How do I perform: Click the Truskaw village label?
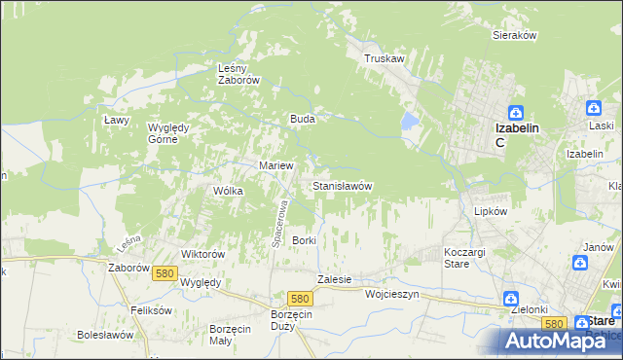click(x=384, y=58)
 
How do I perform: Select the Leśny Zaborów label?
click(x=238, y=74)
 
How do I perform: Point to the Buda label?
click(x=301, y=119)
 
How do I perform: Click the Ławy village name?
click(x=117, y=119)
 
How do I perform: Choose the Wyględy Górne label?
click(x=174, y=132)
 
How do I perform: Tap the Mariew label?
click(x=275, y=165)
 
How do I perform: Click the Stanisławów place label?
click(x=341, y=185)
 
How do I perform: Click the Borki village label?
click(x=305, y=239)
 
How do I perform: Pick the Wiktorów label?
click(x=203, y=254)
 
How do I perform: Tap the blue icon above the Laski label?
click(x=592, y=109)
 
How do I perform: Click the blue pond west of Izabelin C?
click(x=409, y=122)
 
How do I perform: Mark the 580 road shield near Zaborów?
click(x=165, y=274)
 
